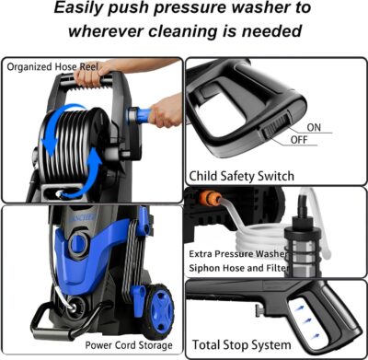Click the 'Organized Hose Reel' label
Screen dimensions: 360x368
(x=52, y=66)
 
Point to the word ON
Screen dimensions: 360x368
(x=314, y=126)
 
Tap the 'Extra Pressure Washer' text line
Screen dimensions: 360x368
(x=247, y=252)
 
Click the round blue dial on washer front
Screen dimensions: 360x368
(x=79, y=245)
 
